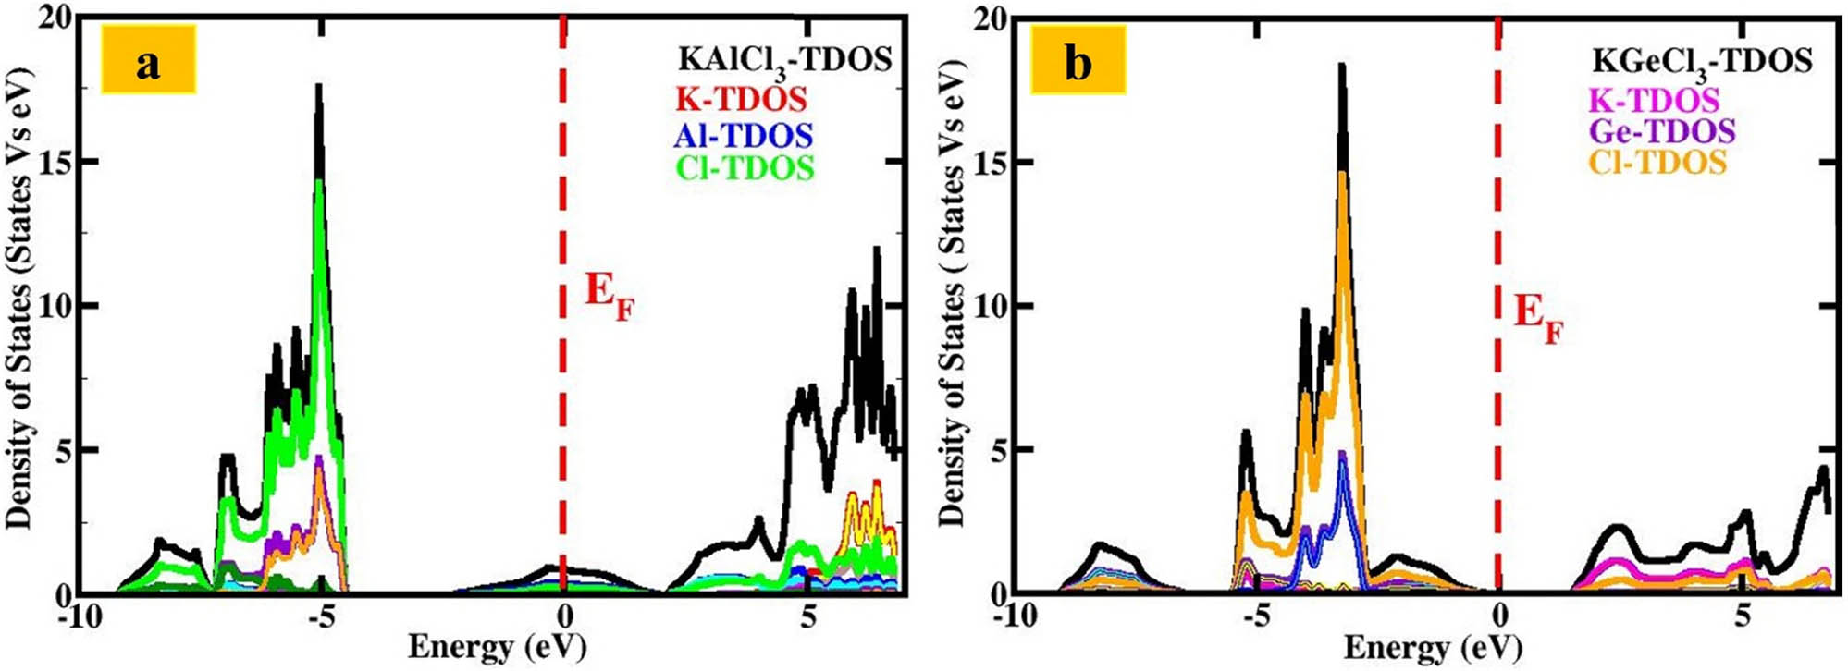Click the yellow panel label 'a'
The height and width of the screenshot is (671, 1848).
coord(148,61)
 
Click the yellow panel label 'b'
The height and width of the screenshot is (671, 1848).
coord(1078,61)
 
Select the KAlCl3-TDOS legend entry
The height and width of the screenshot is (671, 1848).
coord(784,60)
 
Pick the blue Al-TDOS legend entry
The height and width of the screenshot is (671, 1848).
coord(744,135)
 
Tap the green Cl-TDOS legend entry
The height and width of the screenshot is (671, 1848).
coord(745,168)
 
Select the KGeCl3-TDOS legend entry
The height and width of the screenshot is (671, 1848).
coord(1702,61)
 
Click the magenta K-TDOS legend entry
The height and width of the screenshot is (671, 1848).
coord(1654,100)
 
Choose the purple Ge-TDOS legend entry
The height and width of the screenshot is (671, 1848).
coord(1662,131)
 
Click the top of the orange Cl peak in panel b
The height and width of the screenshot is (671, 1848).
coord(1342,173)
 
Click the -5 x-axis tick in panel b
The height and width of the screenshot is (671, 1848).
coord(1256,616)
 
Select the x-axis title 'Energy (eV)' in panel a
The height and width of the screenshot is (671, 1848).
coord(497,646)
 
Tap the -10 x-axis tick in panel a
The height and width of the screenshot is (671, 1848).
coord(80,616)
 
